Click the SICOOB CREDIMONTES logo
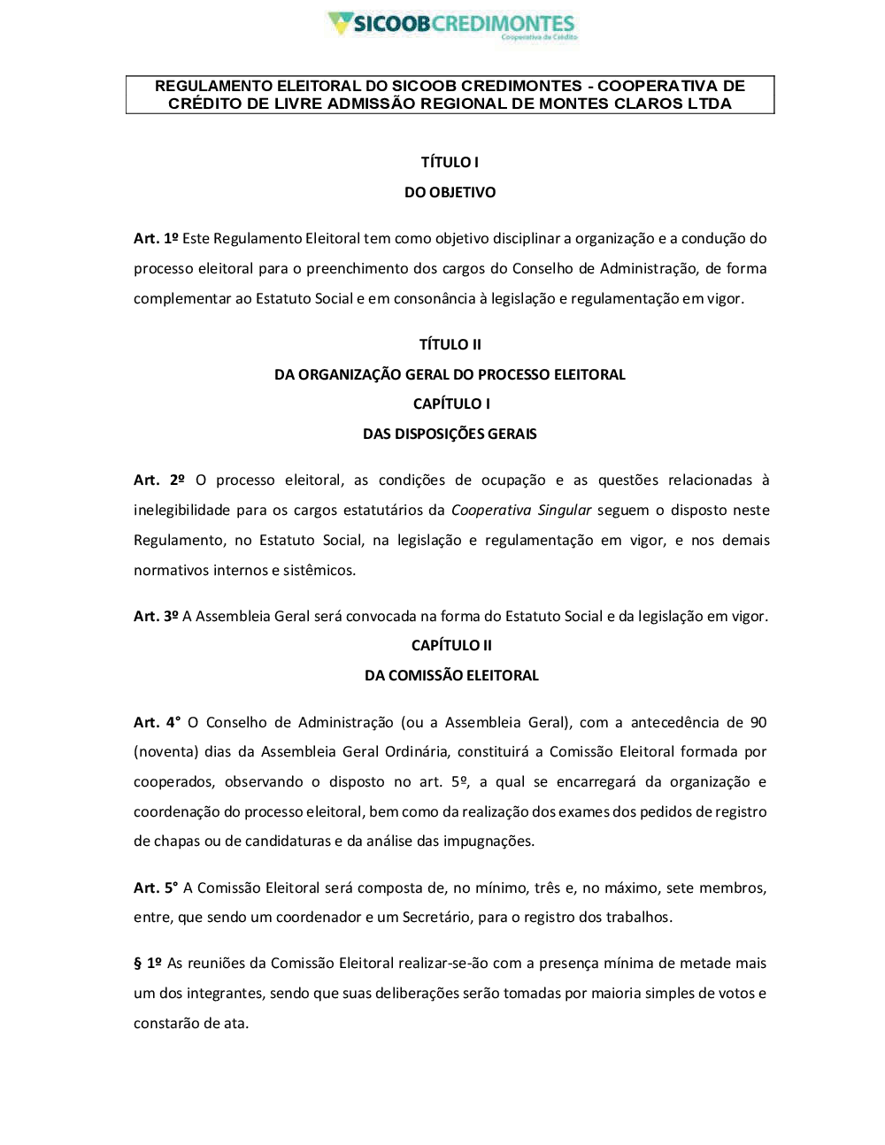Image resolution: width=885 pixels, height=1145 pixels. (x=451, y=24)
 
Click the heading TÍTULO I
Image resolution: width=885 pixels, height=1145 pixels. (x=450, y=162)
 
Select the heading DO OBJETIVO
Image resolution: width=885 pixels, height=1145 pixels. (x=450, y=192)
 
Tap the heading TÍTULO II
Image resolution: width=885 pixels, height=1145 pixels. (x=450, y=344)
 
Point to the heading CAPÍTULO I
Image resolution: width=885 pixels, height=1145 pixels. (x=450, y=403)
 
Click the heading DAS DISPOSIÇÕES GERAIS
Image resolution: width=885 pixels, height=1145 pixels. (x=450, y=434)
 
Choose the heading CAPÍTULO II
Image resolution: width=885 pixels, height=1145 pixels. (x=451, y=645)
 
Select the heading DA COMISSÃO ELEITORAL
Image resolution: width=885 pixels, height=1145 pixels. (x=451, y=675)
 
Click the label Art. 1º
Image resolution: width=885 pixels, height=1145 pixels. (x=156, y=238)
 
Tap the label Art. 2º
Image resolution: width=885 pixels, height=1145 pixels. (x=159, y=480)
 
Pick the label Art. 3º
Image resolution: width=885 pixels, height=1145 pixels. (x=156, y=616)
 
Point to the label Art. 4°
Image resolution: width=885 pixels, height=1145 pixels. (x=157, y=722)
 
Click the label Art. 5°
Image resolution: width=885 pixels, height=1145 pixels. (x=156, y=888)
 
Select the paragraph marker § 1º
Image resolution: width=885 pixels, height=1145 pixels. (x=148, y=963)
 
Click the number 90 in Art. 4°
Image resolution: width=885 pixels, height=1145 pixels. (x=758, y=722)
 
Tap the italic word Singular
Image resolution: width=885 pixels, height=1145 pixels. (x=565, y=510)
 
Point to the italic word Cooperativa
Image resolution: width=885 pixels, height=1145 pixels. (x=491, y=510)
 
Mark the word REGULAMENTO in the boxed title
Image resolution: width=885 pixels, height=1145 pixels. (x=213, y=86)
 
